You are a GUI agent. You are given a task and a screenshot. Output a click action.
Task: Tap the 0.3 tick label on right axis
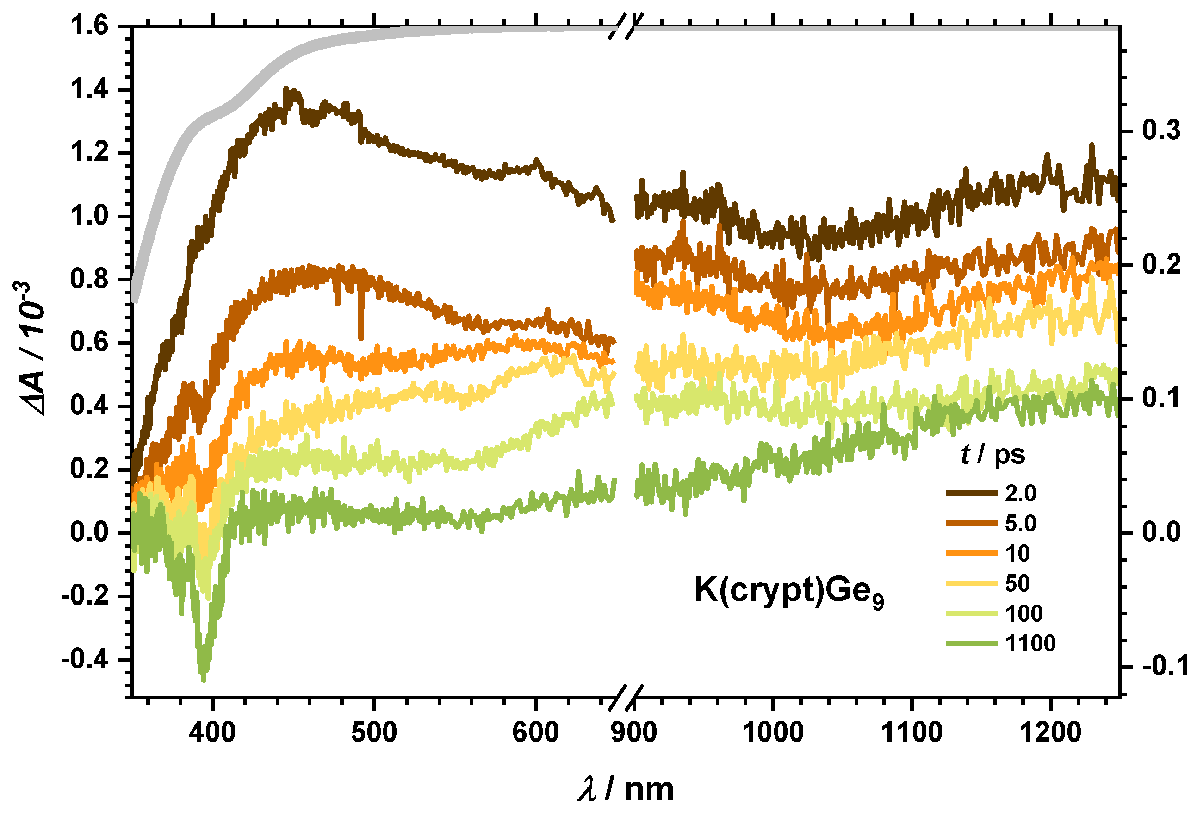(1161, 130)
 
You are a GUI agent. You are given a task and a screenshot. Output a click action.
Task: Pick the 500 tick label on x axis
(374, 732)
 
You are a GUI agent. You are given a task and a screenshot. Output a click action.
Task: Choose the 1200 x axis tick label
(1050, 732)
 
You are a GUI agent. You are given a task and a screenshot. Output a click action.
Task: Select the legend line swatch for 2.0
(972, 493)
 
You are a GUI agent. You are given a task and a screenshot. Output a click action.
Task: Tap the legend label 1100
(1030, 643)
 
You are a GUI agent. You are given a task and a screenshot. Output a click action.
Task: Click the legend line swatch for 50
(972, 583)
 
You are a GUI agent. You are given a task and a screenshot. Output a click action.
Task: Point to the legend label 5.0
(1020, 523)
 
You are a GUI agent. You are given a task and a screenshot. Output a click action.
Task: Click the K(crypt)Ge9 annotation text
(788, 591)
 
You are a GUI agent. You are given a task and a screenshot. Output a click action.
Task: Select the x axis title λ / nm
(626, 789)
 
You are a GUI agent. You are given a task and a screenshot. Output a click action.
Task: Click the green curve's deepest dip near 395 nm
(204, 676)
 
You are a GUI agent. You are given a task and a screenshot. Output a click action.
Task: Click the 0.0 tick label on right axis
(1161, 532)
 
